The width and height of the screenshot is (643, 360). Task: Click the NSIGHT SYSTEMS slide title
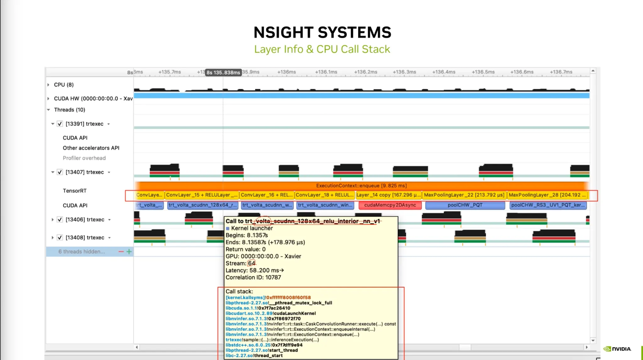click(322, 32)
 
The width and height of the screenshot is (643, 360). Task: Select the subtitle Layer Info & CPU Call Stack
click(322, 49)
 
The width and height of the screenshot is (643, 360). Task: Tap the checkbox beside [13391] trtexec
click(60, 124)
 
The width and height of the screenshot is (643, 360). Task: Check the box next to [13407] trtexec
click(60, 172)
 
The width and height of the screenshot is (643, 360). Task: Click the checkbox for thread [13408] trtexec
click(60, 237)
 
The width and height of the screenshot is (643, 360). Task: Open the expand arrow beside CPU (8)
click(48, 85)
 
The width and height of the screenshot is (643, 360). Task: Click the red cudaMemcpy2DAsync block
click(390, 205)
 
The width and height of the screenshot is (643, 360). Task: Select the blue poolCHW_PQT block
click(465, 205)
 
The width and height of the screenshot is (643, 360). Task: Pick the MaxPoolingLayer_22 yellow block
click(464, 195)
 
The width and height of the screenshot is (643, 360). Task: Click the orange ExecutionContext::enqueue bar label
click(361, 186)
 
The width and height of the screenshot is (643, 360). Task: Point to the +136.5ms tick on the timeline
click(483, 72)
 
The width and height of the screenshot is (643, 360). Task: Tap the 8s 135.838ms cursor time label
click(223, 73)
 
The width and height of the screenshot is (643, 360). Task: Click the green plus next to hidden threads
click(129, 252)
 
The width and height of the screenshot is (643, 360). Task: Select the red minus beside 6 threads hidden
click(121, 252)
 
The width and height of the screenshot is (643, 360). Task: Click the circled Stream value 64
click(251, 263)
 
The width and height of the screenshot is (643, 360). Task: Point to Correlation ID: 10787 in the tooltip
click(253, 277)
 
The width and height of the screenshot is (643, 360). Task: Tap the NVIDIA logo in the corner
click(617, 349)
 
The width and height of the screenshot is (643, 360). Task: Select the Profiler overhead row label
click(84, 158)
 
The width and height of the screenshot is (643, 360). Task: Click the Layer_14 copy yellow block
click(388, 195)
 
